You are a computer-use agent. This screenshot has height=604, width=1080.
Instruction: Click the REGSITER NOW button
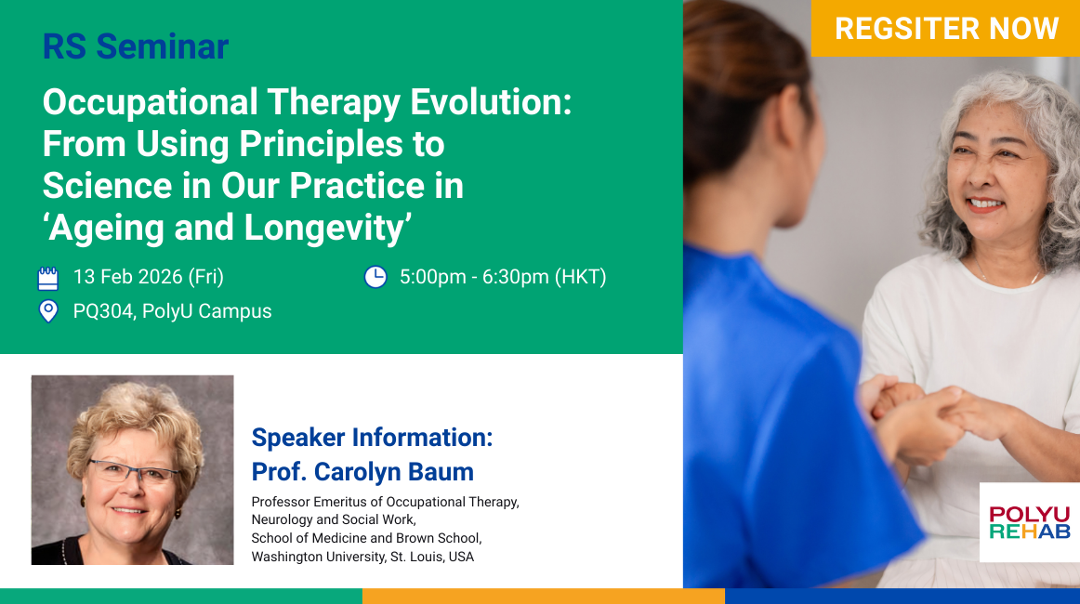(945, 28)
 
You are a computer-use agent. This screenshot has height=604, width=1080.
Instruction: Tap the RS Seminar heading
(136, 46)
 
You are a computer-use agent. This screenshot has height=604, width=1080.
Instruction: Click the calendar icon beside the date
(48, 278)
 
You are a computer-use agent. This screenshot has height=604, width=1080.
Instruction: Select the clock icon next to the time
(375, 277)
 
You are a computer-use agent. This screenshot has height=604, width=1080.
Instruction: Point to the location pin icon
(48, 311)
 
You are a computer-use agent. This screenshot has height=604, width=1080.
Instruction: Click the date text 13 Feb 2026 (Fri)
(149, 277)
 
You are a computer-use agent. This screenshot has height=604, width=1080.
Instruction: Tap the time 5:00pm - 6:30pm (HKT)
(503, 277)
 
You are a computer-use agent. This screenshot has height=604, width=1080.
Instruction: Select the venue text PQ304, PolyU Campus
(172, 311)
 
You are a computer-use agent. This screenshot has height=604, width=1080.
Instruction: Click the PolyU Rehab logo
(1030, 522)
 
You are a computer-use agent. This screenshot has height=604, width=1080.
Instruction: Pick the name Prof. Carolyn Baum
(362, 472)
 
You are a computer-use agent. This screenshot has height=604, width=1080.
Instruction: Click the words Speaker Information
(371, 438)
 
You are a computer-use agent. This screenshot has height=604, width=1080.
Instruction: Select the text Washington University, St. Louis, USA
(362, 557)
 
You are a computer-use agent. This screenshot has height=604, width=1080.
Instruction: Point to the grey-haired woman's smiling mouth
(985, 204)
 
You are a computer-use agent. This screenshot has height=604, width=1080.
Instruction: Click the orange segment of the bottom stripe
(544, 597)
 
